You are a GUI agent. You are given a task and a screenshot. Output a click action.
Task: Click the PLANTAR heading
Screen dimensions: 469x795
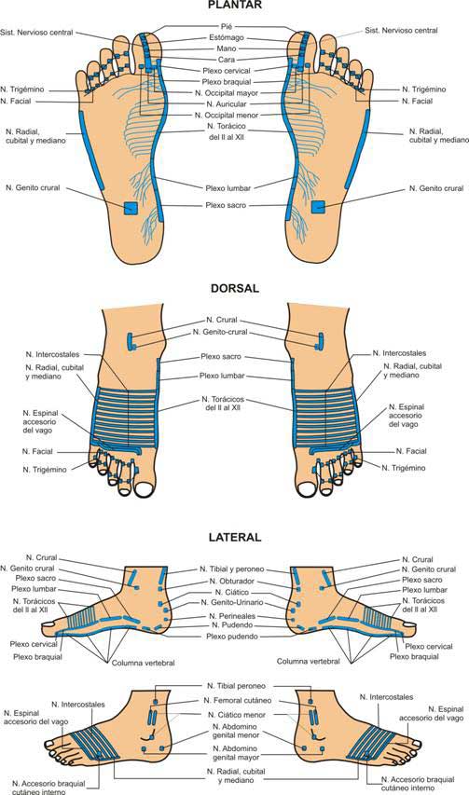235,5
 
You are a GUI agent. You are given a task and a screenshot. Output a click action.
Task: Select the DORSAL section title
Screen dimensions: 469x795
235,289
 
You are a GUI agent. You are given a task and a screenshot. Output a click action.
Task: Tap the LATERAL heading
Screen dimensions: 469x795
235,538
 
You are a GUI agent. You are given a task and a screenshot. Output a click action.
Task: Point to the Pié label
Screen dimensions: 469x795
227,26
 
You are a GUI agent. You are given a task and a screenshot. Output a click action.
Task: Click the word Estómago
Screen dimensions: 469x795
227,37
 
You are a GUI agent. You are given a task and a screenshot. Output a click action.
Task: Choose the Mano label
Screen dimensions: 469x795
227,48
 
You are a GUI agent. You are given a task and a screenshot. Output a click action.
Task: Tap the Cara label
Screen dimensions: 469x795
227,60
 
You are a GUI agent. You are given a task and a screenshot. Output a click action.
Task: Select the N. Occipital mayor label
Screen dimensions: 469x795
227,93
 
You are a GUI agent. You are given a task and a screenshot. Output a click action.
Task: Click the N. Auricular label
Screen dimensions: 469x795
227,104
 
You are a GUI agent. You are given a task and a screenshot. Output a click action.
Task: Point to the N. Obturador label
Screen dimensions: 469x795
232,581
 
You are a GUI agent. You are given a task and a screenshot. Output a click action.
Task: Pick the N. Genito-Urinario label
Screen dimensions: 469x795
232,602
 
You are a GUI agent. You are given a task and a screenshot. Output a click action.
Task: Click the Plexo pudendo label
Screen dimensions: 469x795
232,637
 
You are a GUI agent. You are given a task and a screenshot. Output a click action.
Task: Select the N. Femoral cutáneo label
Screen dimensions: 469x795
237,700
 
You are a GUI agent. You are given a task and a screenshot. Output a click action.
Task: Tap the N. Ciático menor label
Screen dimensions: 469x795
236,715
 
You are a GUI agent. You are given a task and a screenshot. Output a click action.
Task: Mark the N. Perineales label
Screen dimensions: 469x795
232,616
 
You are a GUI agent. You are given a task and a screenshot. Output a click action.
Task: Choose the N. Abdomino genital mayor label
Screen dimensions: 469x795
236,753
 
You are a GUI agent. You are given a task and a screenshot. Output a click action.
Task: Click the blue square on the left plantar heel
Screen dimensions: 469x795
131,209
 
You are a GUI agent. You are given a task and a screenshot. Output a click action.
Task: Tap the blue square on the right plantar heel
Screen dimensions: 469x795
318,207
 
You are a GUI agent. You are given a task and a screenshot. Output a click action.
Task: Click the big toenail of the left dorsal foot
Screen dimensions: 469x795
145,488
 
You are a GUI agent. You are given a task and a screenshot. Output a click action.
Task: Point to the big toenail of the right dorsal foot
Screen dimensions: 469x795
306,489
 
